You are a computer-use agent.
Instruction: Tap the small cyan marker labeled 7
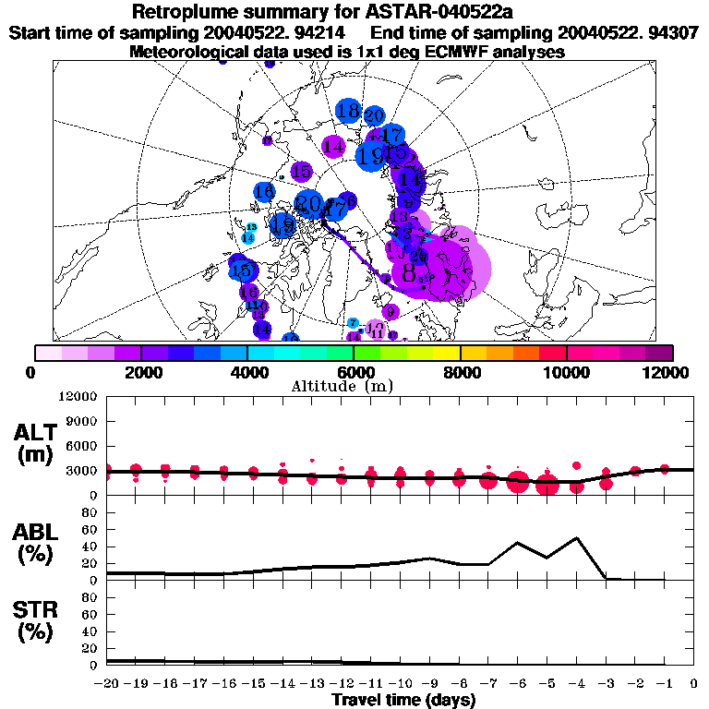353,322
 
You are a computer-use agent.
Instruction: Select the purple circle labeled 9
390,311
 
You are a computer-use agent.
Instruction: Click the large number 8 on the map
409,272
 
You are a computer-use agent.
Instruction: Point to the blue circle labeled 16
264,192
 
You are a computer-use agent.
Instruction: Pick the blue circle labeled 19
372,155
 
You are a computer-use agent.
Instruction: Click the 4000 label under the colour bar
247,372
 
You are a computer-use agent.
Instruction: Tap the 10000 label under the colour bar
567,372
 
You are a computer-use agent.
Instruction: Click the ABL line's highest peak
577,537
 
